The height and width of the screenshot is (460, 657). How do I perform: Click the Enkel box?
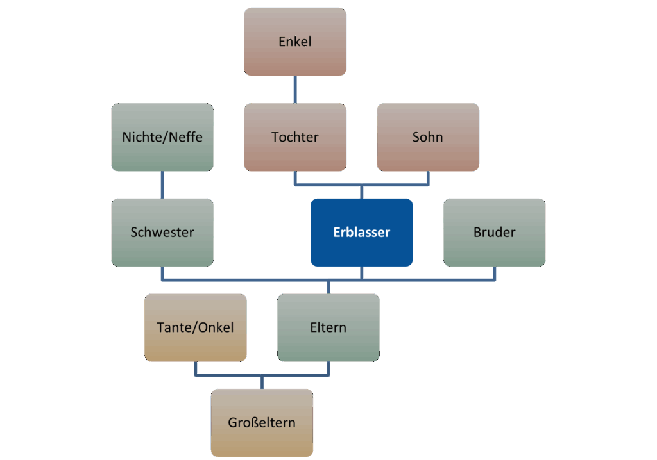[x=294, y=42]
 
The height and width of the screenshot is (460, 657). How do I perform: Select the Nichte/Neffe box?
[x=162, y=137]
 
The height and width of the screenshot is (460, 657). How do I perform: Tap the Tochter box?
[x=294, y=137]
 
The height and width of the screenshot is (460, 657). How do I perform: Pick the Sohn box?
[x=427, y=137]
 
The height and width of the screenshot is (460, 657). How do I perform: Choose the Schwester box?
[x=162, y=232]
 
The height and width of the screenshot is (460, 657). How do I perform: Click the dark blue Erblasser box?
[x=361, y=232]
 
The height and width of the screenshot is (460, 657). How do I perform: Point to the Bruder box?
[x=494, y=232]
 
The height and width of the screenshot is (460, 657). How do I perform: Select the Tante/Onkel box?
[x=195, y=327]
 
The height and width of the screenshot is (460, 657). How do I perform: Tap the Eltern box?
[x=328, y=327]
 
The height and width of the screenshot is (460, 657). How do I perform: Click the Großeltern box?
[x=262, y=423]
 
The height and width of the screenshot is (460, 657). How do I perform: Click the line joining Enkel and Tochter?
[x=294, y=90]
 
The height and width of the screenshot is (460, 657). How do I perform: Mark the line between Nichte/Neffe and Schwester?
[x=162, y=185]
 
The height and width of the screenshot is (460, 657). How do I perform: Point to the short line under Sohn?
[x=427, y=178]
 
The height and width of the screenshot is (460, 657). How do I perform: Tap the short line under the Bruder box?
[x=494, y=273]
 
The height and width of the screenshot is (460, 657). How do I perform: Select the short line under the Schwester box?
[x=162, y=273]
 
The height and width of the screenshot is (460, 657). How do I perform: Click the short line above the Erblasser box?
[x=361, y=192]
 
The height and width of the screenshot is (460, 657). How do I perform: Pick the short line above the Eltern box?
[x=328, y=287]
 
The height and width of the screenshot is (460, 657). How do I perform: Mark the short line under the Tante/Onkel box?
[x=195, y=368]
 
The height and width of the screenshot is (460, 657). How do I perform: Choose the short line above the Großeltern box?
[x=262, y=382]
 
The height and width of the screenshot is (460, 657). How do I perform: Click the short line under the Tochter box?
[x=294, y=178]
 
